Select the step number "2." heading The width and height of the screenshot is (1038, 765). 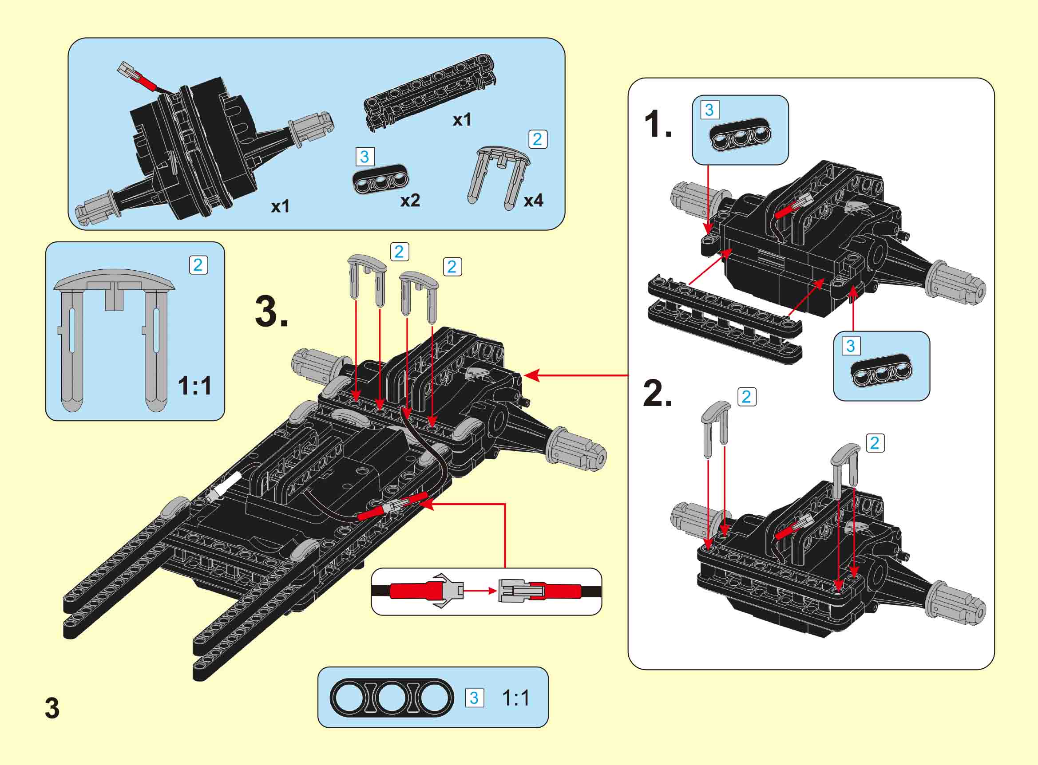tap(657, 394)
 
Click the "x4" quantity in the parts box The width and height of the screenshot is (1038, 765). tap(533, 201)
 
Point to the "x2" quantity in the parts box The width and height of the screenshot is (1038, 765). tap(410, 201)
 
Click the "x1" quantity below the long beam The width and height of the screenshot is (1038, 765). tap(462, 120)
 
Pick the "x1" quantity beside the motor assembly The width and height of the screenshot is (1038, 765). tap(280, 206)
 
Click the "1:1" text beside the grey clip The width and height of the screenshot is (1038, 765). tap(194, 386)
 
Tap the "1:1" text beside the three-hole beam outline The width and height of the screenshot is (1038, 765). tap(515, 698)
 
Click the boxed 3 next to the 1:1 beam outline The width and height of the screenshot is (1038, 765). tap(474, 698)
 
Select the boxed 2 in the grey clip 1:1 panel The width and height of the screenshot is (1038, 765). tap(198, 265)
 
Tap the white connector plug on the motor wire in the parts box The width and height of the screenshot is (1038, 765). tap(125, 71)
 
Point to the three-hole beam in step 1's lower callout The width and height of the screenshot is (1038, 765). tap(881, 371)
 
